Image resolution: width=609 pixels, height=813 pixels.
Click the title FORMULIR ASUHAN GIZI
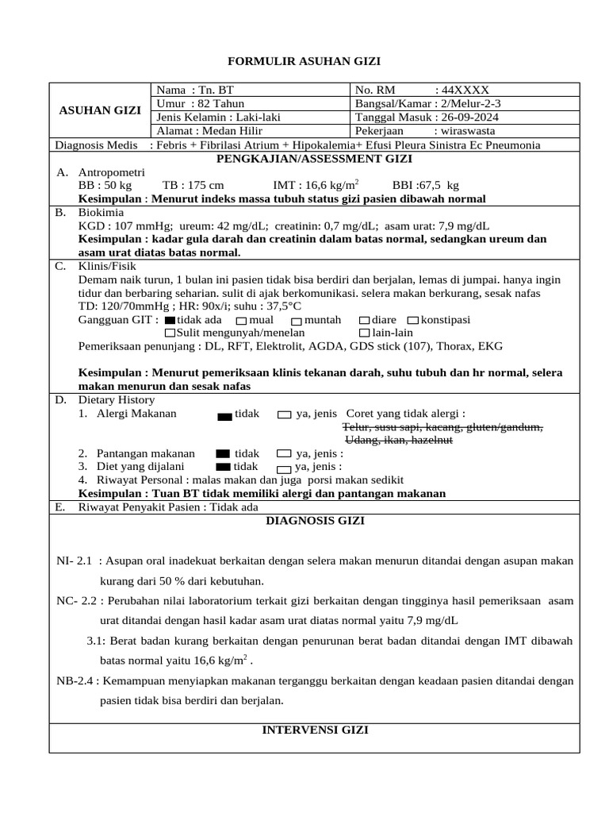pos(304,60)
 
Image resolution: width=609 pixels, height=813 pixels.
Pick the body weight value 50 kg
pos(116,185)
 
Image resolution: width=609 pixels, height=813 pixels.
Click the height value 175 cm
pos(204,185)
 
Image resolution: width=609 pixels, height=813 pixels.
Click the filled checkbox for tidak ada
pos(169,320)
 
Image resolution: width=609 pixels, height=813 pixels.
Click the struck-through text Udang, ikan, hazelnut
pos(398,439)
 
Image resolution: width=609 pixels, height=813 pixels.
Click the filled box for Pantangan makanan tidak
pos(222,453)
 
